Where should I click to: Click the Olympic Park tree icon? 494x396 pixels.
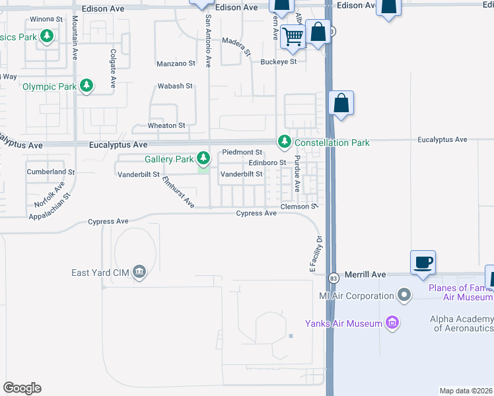[x=86, y=86]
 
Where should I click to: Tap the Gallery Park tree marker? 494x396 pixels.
[x=203, y=158]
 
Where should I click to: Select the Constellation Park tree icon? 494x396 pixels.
[x=284, y=142]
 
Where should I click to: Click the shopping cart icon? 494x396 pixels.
[x=291, y=36]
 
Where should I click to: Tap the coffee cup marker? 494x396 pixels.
[x=423, y=262]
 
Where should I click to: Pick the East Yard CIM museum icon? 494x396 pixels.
[x=139, y=272]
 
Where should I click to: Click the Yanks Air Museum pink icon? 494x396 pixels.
[x=392, y=323]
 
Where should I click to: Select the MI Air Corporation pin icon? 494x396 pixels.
[x=405, y=295]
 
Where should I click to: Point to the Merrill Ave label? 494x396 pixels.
[x=368, y=275]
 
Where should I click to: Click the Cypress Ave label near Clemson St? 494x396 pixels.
[x=257, y=213]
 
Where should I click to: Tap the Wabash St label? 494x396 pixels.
[x=174, y=86]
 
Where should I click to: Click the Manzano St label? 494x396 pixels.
[x=176, y=64]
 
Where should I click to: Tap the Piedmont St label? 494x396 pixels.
[x=242, y=152]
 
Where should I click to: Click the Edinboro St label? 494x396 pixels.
[x=267, y=163]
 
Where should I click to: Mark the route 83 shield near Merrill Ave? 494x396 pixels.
[x=334, y=277]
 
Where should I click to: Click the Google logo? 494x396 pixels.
[x=22, y=388]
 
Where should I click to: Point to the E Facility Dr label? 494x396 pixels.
[x=316, y=254]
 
